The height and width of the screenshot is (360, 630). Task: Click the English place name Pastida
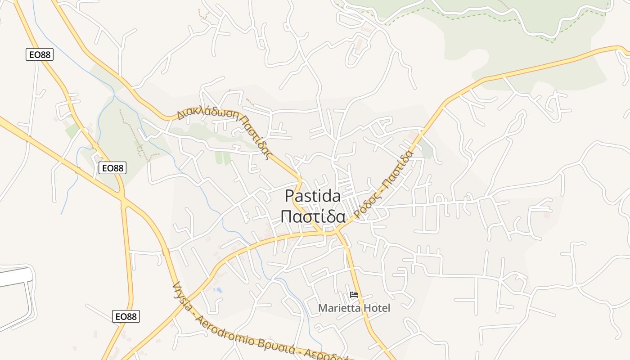click(313, 196)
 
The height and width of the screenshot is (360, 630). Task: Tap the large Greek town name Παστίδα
click(313, 216)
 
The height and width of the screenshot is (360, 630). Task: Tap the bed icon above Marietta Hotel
click(354, 295)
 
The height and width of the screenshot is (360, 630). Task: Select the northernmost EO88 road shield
click(40, 55)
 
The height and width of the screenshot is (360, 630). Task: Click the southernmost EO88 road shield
click(126, 316)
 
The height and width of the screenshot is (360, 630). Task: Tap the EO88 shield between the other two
click(112, 168)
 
